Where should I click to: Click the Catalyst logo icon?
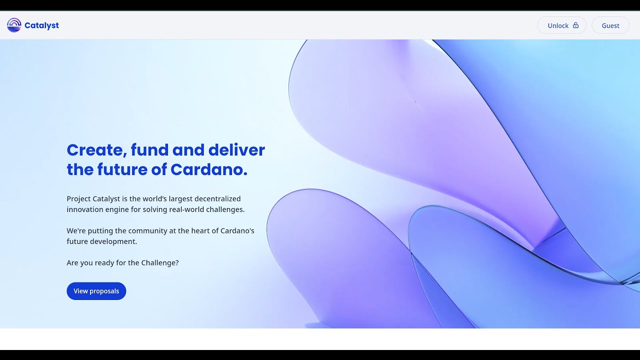click(x=14, y=25)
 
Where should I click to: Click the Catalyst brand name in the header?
click(x=41, y=25)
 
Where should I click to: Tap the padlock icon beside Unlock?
click(x=575, y=25)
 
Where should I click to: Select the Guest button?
click(x=610, y=25)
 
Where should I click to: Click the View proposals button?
click(x=96, y=291)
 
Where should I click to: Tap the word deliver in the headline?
click(x=236, y=150)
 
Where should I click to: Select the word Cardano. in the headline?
click(x=209, y=170)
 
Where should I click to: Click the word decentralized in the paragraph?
click(x=217, y=199)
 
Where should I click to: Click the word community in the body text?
click(x=147, y=231)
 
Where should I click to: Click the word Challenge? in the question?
click(x=159, y=262)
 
